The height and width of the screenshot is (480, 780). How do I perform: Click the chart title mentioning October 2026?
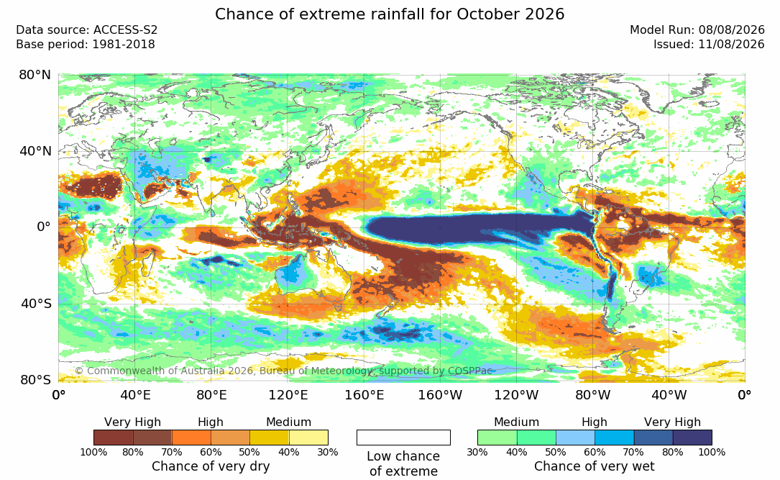390,14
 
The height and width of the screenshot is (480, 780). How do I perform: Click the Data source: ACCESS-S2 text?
86,30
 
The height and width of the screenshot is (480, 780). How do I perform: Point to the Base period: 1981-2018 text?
86,45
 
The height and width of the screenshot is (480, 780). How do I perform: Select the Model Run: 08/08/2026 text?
697,30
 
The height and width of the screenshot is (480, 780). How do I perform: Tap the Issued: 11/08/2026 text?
709,45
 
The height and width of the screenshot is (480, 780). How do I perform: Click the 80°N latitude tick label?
35,75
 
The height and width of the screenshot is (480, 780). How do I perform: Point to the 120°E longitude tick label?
288,395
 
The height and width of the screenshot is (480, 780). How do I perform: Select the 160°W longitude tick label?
440,395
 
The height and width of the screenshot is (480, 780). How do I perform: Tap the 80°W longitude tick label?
592,395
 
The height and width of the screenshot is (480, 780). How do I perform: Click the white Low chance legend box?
403,438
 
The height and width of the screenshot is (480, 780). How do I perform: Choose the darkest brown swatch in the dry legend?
114,438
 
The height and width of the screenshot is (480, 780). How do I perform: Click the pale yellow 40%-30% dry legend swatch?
308,438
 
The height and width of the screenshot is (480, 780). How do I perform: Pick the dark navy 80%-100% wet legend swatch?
692,438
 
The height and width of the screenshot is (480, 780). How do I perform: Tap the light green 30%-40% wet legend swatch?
497,438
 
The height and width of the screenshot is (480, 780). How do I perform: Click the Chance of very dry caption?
211,466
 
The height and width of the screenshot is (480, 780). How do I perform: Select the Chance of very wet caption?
595,466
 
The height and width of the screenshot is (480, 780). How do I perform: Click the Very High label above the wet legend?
672,422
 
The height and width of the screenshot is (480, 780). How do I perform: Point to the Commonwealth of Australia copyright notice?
283,371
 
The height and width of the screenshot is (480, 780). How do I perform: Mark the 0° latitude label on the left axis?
44,227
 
